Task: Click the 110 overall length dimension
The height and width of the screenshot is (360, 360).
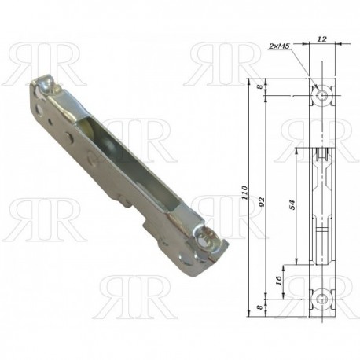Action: coord(244,193)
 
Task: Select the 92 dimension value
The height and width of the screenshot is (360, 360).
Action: coord(262,201)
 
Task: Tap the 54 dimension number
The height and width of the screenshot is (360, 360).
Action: coord(292,204)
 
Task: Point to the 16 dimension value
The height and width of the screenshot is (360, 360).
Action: coord(279,281)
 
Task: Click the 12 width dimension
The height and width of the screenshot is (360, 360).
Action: coord(321,39)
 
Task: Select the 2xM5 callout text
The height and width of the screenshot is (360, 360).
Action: coord(279,46)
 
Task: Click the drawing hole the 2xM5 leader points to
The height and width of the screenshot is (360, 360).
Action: coord(322,95)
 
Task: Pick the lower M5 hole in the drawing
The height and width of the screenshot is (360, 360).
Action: coord(322,299)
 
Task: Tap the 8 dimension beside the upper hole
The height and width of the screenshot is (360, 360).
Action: coord(259,86)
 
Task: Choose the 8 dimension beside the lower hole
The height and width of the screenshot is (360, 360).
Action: coord(259,307)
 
